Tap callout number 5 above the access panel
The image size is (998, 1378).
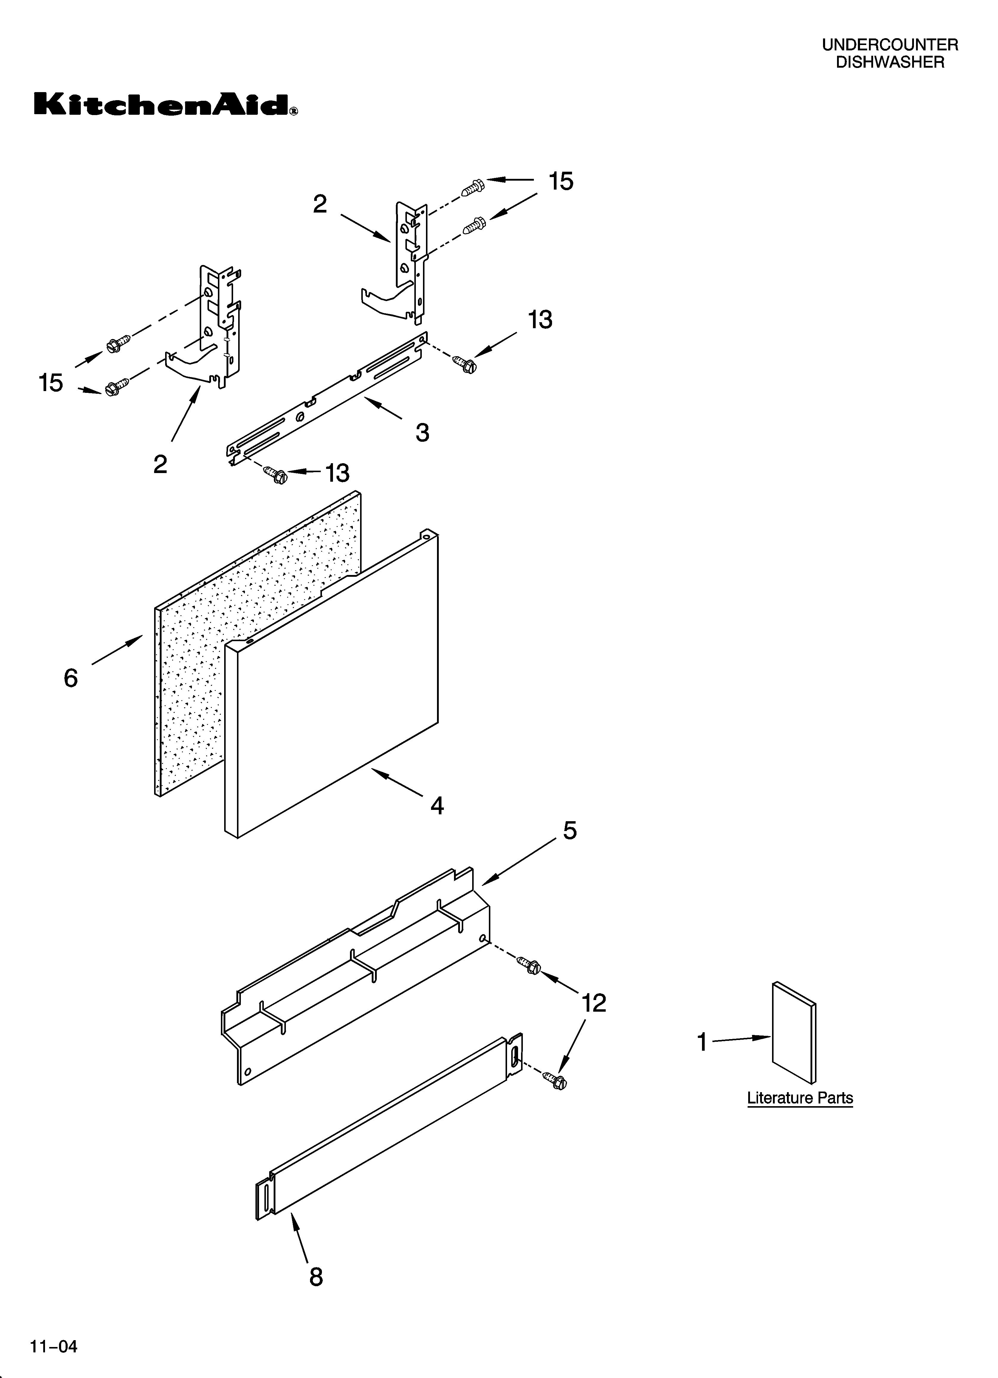pyautogui.click(x=570, y=830)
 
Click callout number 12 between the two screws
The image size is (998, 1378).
pyautogui.click(x=594, y=1003)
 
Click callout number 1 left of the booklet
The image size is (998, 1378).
pyautogui.click(x=702, y=1043)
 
